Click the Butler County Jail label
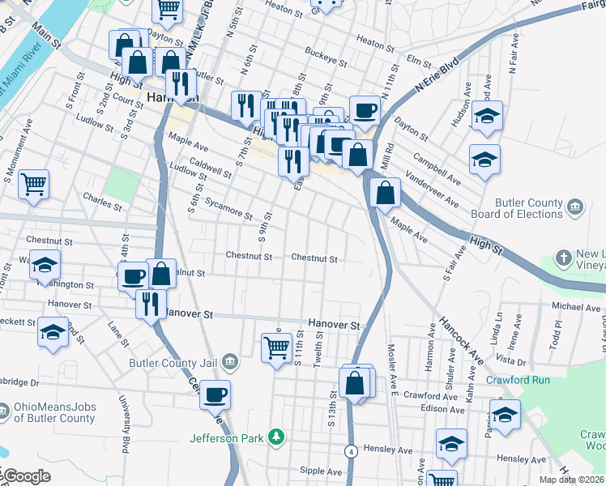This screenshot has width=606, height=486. pos(170,362)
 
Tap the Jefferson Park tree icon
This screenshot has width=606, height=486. pos(277,437)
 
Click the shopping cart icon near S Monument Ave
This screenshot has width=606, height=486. pos(34,183)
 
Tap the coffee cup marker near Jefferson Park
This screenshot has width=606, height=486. pos(215,394)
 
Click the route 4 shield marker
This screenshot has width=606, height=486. pos(351,450)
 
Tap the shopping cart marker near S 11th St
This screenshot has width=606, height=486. pos(276,347)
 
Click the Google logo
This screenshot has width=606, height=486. pos(27,476)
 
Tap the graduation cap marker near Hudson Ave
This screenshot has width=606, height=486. pos(487,116)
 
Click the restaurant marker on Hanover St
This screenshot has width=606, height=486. pos(150,303)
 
